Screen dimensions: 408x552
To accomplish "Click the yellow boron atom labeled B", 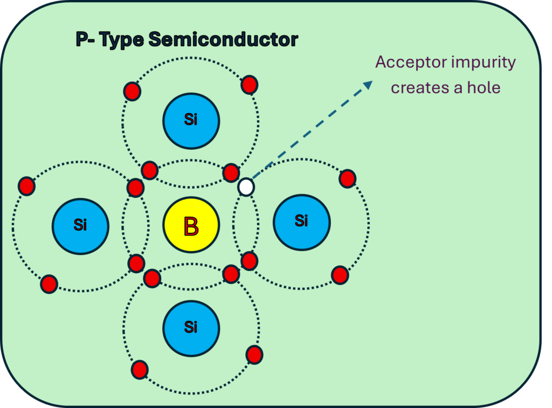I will coord(191,225).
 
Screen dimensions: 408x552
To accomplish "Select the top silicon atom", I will coord(191,120).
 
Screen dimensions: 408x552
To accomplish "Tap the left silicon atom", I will coord(80,225).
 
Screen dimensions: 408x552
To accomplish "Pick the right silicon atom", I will coord(301,222).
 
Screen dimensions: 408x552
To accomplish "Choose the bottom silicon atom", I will coord(191,328).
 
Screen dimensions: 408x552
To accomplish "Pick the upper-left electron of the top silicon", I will coord(132,91).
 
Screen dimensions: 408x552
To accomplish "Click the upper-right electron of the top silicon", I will coord(249,85).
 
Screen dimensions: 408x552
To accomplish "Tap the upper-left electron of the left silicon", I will coord(26,185).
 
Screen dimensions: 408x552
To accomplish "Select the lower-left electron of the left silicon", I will coord(49,283).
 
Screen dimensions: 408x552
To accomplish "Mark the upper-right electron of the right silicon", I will coord(348,178).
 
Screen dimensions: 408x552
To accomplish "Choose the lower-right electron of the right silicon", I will coord(340,275).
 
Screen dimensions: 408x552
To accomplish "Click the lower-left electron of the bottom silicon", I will coord(140,370).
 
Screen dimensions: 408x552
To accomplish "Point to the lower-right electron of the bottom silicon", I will coord(254,355).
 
